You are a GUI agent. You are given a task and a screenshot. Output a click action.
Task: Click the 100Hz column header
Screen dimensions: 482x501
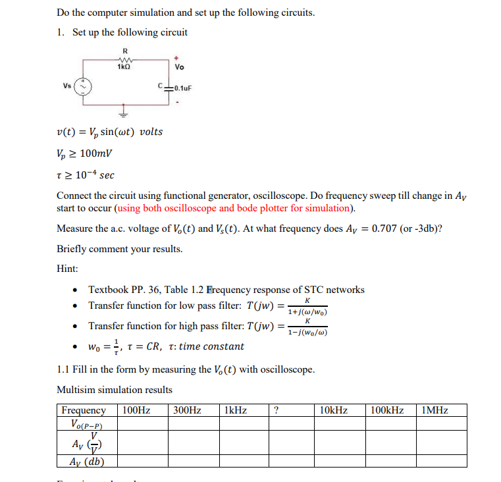click(136, 410)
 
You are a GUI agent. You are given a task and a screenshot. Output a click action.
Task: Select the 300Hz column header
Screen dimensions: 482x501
click(187, 410)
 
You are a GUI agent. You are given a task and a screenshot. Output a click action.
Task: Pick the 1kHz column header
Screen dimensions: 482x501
click(236, 410)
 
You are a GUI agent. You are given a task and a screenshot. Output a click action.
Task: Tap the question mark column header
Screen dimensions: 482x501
click(276, 410)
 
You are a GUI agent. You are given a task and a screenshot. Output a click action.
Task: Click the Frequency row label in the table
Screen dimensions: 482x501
click(84, 410)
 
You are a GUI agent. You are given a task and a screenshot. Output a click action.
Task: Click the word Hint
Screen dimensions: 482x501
click(68, 269)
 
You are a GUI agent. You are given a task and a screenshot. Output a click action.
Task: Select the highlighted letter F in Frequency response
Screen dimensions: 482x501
click(210, 290)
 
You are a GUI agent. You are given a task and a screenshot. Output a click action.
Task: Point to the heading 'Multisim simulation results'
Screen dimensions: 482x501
click(115, 390)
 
